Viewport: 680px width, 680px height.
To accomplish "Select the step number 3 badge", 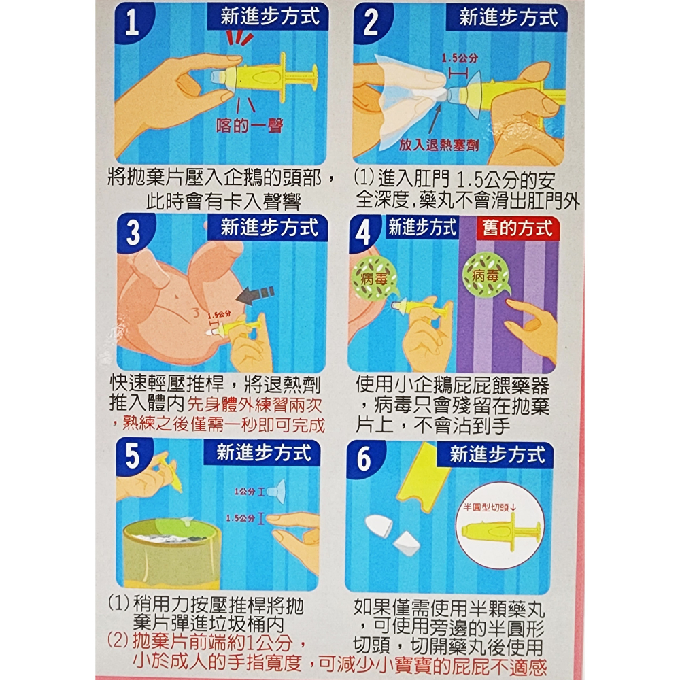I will [x=133, y=233].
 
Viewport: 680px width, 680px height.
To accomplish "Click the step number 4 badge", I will [x=364, y=233].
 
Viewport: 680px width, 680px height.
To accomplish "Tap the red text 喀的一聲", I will [x=249, y=126].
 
